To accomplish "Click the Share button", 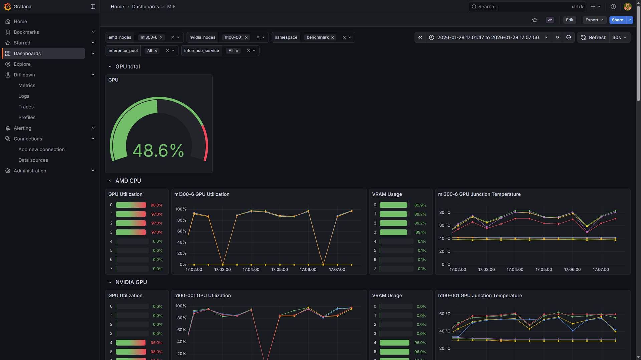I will click(617, 20).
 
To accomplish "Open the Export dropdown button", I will click(594, 20).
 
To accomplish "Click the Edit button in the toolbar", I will click(569, 20).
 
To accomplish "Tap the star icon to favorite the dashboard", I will click(535, 20).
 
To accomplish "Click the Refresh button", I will click(594, 37).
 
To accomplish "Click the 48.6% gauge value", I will click(158, 151).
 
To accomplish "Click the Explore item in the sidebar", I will click(22, 64).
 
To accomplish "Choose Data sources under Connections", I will click(33, 160).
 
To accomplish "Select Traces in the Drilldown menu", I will click(26, 107).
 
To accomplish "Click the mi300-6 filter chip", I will click(149, 37).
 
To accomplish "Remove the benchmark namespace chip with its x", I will click(333, 37).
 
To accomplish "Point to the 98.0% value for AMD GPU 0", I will click(156, 205).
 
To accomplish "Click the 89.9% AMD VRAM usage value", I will click(420, 205).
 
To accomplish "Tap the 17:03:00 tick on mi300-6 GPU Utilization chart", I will click(222, 270).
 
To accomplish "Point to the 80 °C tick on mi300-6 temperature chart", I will click(445, 212).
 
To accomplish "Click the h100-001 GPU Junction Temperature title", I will click(480, 296).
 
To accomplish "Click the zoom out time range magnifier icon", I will click(569, 37).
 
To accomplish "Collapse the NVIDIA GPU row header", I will click(110, 282).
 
